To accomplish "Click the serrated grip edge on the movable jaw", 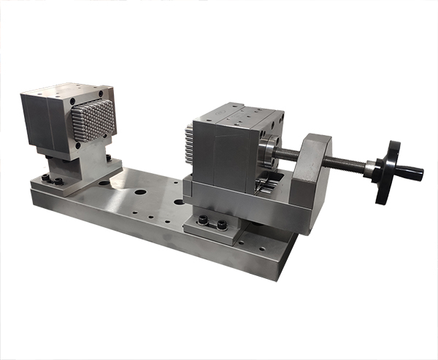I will [188, 150].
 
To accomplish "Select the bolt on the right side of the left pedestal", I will [108, 158].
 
